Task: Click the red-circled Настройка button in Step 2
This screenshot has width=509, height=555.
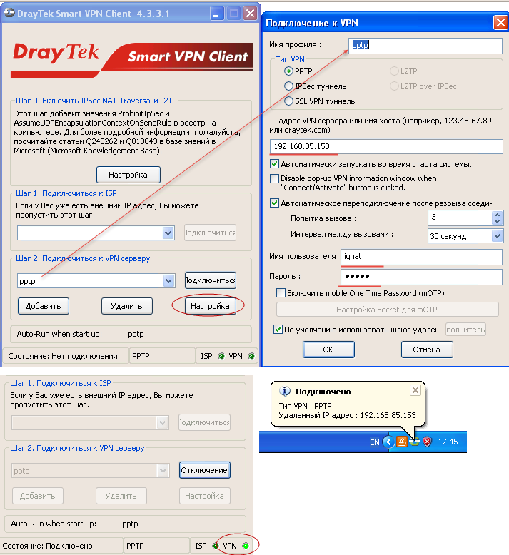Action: point(210,306)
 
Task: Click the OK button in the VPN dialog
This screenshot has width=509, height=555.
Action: point(328,350)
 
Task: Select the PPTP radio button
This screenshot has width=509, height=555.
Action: point(288,71)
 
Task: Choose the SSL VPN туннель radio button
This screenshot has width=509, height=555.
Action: point(288,101)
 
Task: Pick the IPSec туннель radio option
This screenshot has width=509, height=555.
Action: point(288,86)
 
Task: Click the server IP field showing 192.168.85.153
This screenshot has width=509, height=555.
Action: point(386,146)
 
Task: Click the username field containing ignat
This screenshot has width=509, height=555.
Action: point(421,257)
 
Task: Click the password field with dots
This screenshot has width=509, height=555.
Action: point(421,277)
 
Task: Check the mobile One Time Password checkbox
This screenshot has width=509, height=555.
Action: point(281,293)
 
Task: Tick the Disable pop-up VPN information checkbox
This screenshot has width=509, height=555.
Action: point(274,178)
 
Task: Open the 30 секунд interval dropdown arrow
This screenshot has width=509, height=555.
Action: point(498,235)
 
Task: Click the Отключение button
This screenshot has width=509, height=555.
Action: point(204,470)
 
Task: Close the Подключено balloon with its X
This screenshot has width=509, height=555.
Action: point(415,390)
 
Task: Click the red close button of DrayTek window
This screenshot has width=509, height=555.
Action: point(250,14)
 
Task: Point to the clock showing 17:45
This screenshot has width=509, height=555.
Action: point(448,442)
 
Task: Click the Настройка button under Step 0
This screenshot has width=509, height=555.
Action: point(128,175)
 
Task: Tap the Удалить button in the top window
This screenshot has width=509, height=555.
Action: point(127,306)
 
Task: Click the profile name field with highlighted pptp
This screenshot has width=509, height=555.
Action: point(425,46)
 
